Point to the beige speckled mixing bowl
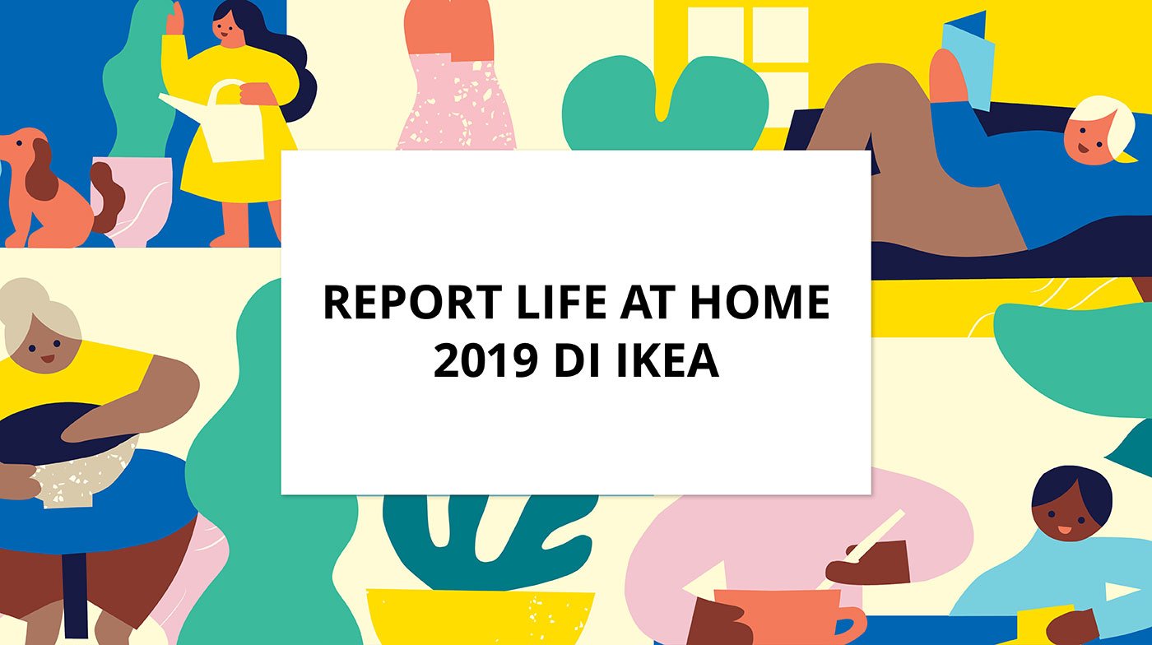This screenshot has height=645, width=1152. click(x=86, y=469)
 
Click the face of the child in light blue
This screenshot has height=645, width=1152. click(x=1070, y=514)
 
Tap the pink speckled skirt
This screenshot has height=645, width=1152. click(x=458, y=103)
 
